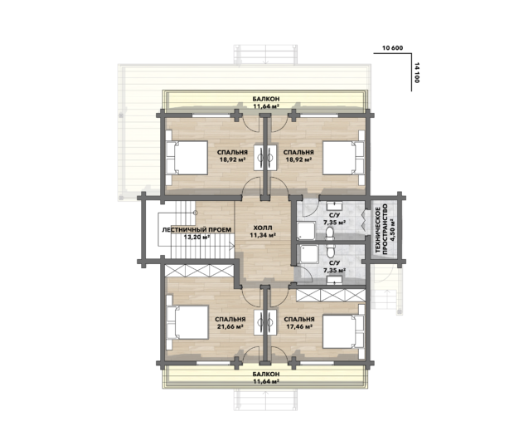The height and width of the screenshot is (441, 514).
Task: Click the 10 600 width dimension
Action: coord(392,48)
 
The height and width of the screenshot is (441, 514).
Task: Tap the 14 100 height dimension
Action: coord(417,72)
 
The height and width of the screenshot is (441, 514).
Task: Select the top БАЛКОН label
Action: coord(266,99)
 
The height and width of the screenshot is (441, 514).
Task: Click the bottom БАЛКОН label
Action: coord(266,374)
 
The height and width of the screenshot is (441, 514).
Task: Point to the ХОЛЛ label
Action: coord(263,228)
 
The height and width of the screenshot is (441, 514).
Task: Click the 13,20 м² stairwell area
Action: coord(196,237)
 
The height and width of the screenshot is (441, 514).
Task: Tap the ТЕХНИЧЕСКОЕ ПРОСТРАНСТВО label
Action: coord(381,228)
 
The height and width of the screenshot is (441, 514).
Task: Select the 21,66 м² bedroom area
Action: coord(230,326)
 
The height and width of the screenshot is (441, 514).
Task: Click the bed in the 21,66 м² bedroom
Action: coord(187,322)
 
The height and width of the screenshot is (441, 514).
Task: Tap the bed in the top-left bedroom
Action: coord(187,158)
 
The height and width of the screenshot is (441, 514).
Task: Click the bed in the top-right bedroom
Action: coord(344,158)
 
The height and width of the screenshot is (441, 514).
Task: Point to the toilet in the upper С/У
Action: coord(330,233)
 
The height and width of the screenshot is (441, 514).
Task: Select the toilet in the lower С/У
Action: coord(330,251)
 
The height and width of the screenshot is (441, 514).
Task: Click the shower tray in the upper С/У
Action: coord(306,231)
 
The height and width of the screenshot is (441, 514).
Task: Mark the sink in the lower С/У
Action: coord(334,280)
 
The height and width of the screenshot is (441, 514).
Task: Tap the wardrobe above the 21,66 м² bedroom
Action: coord(199,271)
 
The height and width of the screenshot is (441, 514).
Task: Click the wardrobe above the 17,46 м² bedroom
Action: coord(331,295)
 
